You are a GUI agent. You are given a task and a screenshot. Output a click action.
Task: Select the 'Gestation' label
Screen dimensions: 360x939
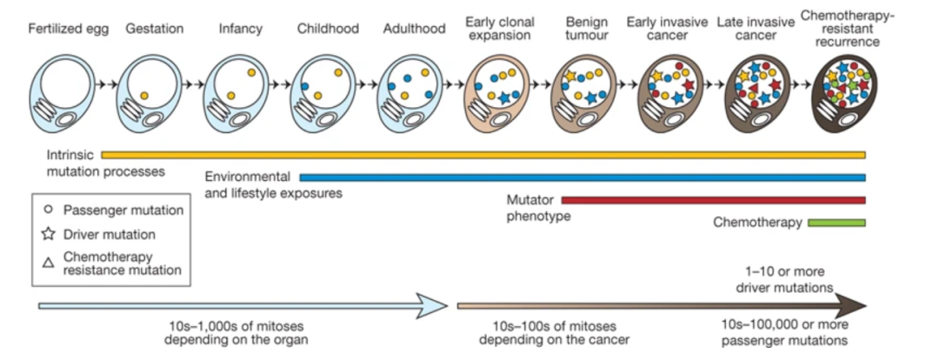click(x=154, y=28)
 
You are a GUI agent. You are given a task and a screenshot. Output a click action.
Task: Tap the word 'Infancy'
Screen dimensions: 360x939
click(x=241, y=28)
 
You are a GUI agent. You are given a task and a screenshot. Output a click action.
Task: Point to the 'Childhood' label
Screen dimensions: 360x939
click(x=328, y=28)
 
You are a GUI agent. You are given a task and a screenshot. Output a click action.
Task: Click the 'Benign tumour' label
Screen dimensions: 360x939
click(x=587, y=28)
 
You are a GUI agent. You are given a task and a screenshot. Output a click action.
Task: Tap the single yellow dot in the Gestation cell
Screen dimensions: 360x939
click(x=144, y=93)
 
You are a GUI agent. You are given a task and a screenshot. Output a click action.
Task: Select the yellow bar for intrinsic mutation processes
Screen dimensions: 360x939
click(x=483, y=155)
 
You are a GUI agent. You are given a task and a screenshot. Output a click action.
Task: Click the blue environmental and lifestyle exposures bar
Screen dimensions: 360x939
click(x=583, y=177)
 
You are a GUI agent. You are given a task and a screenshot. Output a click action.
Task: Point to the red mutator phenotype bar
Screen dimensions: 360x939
click(x=713, y=199)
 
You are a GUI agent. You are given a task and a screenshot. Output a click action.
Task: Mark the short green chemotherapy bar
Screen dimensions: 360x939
click(x=836, y=223)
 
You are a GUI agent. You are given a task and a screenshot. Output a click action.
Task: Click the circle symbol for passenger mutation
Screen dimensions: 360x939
click(x=49, y=210)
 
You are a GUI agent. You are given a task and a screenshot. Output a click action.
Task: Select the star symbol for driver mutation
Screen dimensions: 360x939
click(x=49, y=234)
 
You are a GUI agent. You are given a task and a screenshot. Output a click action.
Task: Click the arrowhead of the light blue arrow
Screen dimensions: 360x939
click(x=433, y=305)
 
